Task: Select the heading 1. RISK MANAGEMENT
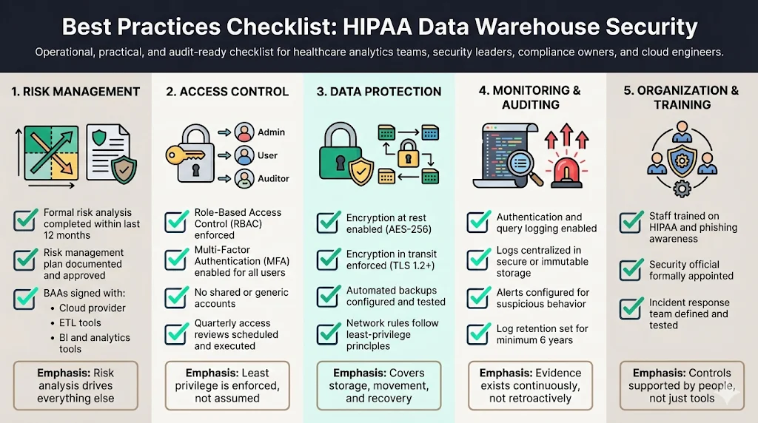pos(76,92)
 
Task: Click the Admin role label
pos(271,132)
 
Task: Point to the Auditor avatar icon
pos(244,178)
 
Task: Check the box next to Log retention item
pos(477,334)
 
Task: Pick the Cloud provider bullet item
pos(93,308)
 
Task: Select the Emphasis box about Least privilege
pos(227,385)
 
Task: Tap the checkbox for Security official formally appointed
pos(631,270)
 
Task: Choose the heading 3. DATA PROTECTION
pos(379,92)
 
